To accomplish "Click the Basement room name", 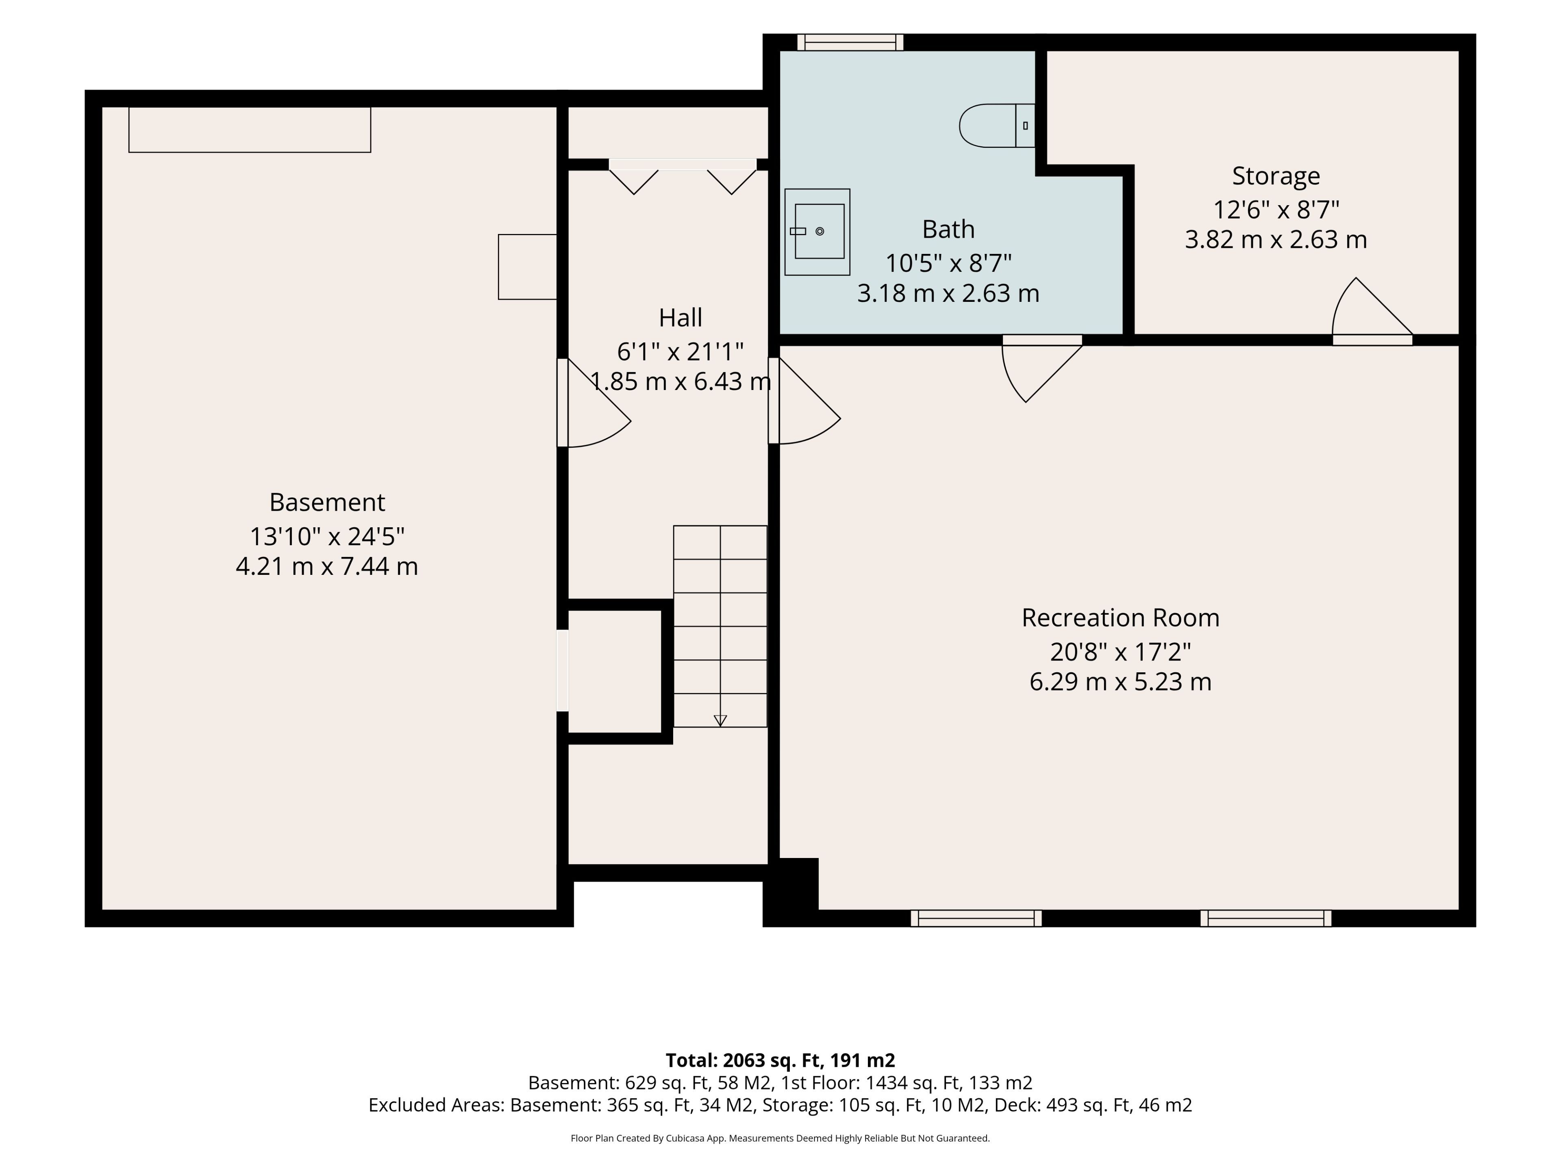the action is pos(327,502).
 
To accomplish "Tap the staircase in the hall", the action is pos(720,626).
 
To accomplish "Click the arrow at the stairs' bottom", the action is pos(720,720).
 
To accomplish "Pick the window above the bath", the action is pos(850,42).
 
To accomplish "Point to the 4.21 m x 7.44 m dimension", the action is pos(327,566).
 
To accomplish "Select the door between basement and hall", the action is pos(593,403).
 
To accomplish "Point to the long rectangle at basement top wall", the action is pos(250,130).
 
